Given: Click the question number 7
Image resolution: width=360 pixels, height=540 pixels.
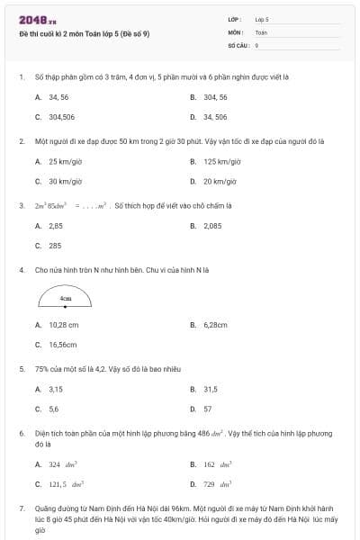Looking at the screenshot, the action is click(x=21, y=509).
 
